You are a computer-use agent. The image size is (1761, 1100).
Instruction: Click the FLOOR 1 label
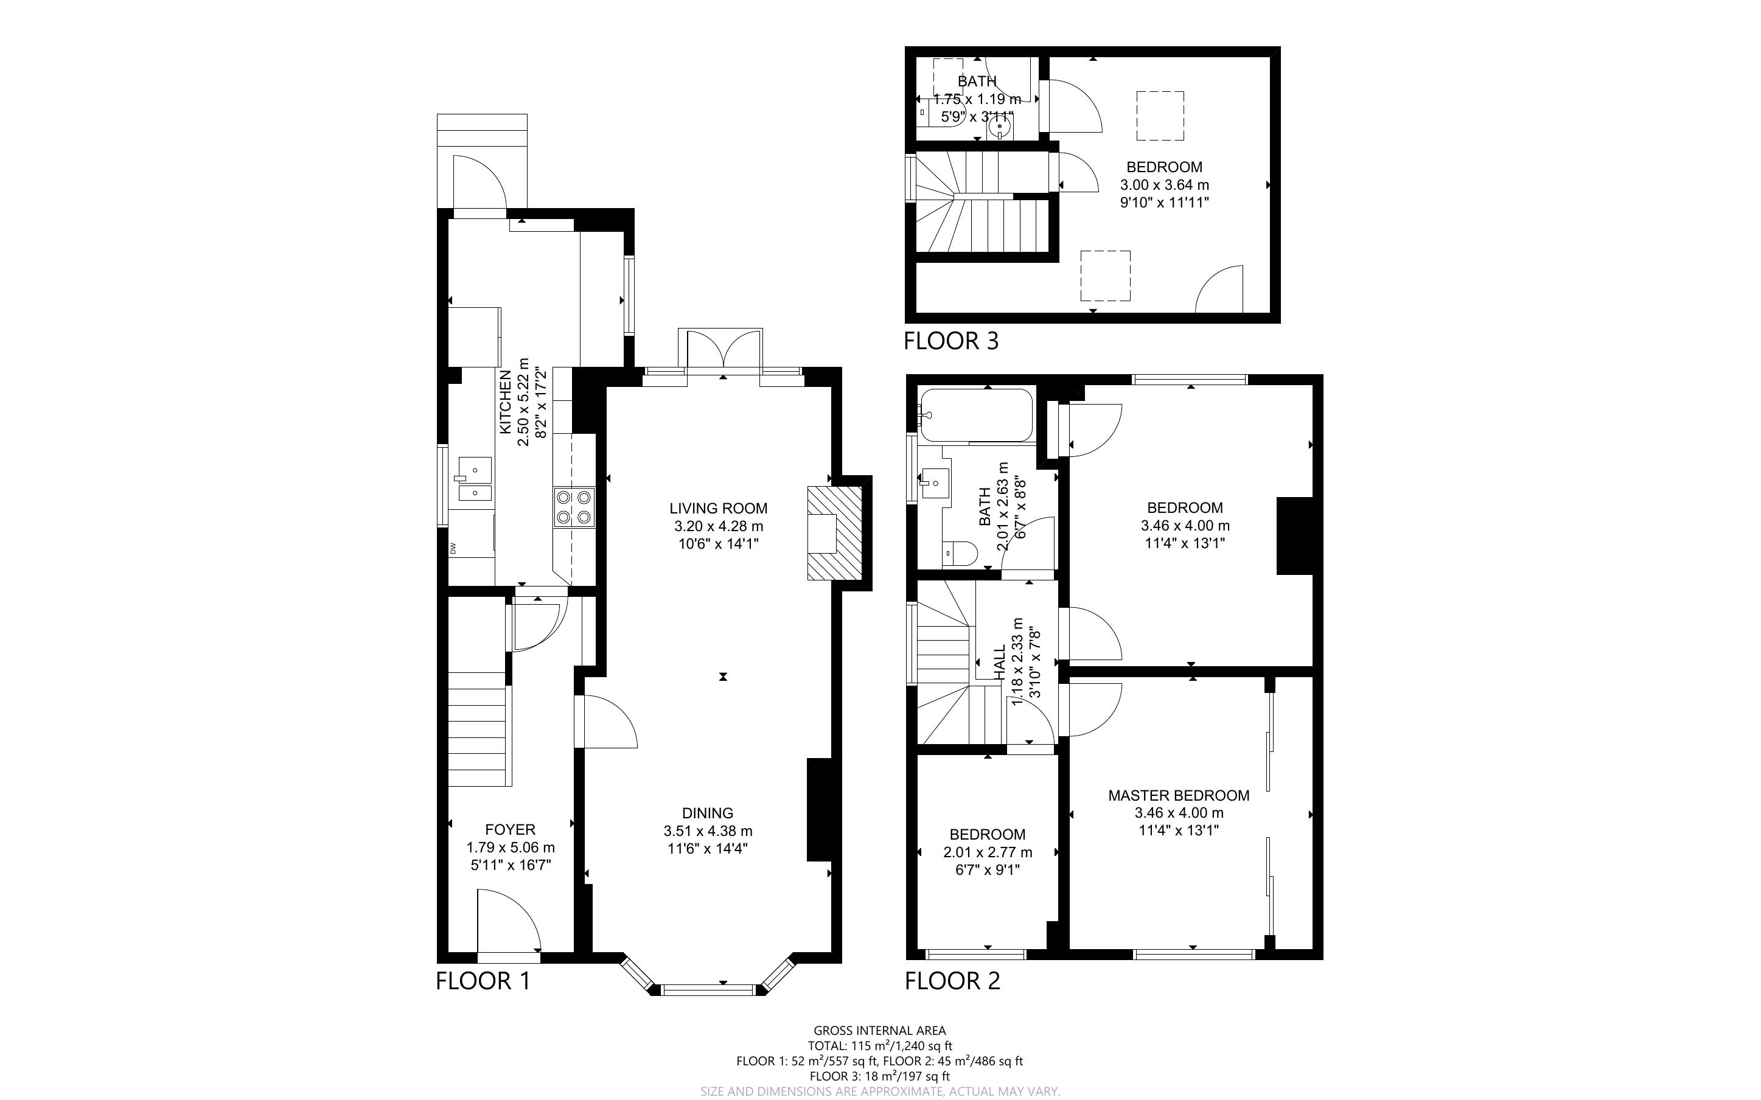(x=483, y=981)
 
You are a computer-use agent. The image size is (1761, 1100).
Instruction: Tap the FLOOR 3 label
(x=950, y=341)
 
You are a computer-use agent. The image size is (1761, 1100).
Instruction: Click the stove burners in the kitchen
(x=574, y=507)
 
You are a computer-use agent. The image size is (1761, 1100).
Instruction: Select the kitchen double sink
(x=474, y=480)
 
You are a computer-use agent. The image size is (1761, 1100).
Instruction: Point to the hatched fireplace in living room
(x=834, y=532)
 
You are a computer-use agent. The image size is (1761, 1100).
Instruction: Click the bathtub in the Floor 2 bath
(x=976, y=416)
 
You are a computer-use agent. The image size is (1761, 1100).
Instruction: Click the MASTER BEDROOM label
(x=1179, y=796)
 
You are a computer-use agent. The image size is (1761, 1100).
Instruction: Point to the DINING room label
(x=707, y=813)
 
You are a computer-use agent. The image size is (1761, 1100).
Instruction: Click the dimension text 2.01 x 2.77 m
(x=987, y=852)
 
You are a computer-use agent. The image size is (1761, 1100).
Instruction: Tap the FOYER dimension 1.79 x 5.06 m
(x=510, y=848)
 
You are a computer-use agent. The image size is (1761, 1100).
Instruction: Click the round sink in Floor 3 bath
(x=1000, y=128)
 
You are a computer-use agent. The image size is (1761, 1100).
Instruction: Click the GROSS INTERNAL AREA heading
(x=879, y=1030)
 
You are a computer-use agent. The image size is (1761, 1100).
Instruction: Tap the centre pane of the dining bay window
(x=708, y=989)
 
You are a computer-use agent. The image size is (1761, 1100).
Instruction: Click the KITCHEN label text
(x=506, y=402)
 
